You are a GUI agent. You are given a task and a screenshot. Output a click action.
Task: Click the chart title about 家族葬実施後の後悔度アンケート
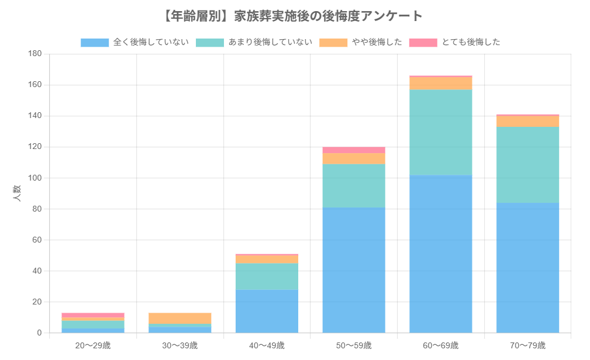coord(295,16)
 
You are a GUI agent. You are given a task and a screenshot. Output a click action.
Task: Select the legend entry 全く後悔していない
coord(134,42)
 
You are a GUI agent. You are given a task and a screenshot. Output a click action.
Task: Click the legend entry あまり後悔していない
coord(254,42)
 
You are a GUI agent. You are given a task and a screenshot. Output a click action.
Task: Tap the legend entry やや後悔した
coord(361,42)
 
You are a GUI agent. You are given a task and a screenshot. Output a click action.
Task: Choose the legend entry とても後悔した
coord(454,42)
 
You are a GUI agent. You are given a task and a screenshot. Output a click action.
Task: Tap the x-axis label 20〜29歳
coord(93,345)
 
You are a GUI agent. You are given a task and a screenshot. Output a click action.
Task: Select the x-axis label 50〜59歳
coord(354,345)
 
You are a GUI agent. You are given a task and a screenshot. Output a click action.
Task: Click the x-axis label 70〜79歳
coord(527,345)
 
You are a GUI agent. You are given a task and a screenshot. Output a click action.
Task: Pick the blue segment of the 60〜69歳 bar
coord(441,254)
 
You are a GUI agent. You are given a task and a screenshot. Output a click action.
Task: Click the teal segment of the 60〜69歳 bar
coord(441,132)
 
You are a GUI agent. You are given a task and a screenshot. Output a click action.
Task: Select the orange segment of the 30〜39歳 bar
coord(180,318)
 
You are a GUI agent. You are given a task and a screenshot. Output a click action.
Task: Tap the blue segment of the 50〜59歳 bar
coord(354,270)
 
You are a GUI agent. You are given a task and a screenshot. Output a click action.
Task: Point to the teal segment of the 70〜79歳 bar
coord(527,165)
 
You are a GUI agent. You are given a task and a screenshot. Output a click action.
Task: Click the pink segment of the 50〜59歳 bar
coord(354,150)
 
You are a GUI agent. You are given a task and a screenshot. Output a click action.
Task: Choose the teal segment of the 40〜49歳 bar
coord(267,276)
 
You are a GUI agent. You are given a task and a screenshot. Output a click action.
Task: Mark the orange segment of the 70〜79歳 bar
coord(527,122)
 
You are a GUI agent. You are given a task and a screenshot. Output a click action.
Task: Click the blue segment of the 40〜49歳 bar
coord(267,311)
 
